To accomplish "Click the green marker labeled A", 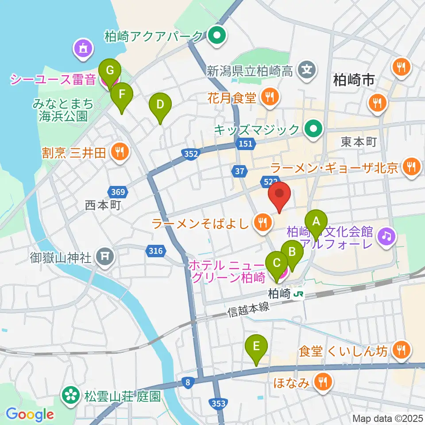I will [x=316, y=221].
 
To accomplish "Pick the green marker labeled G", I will [x=110, y=70].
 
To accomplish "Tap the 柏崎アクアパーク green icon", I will [x=217, y=35].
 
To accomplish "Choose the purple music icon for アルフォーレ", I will [x=386, y=237].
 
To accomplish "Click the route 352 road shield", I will [x=189, y=154].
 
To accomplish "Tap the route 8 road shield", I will [x=188, y=382].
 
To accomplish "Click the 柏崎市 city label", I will [x=354, y=80].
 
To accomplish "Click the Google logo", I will [x=30, y=414].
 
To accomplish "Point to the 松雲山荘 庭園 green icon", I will [x=70, y=394].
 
